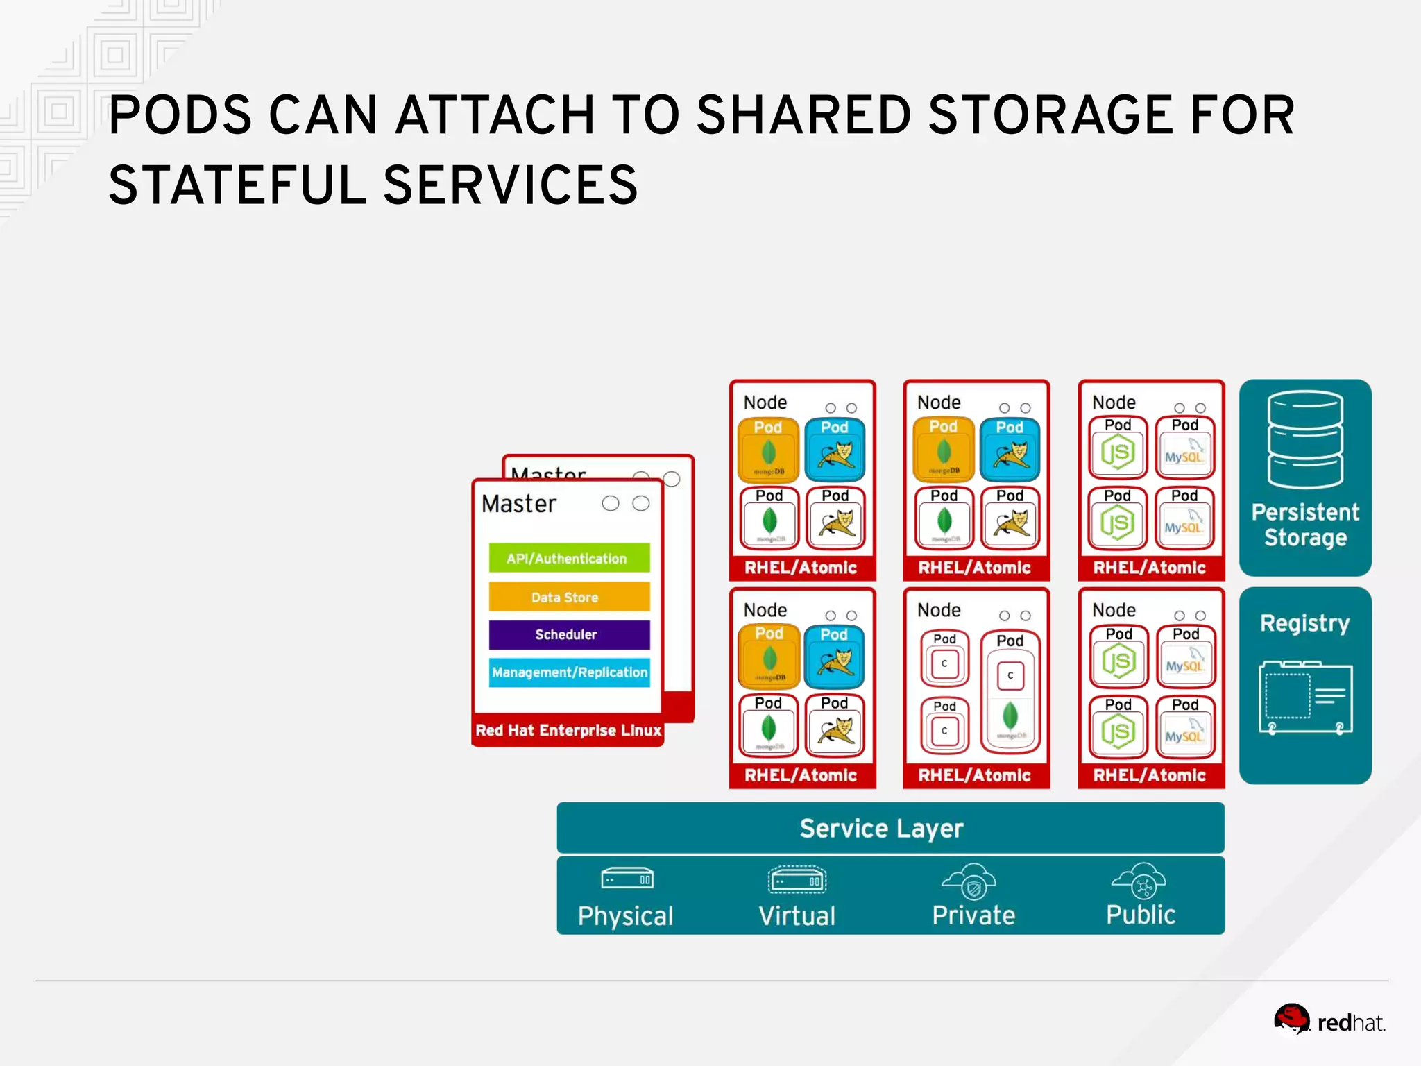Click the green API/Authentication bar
point(568,558)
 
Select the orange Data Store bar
point(568,597)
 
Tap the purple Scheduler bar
point(568,634)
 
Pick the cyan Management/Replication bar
point(568,672)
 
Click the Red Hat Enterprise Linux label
point(568,730)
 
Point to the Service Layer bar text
point(881,829)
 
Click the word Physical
point(625,916)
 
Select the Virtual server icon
point(797,880)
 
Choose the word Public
point(1140,915)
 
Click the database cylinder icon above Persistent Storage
point(1304,439)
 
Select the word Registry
point(1304,623)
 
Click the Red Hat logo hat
point(1291,1019)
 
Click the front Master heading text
point(519,504)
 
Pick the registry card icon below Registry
point(1304,697)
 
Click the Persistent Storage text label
point(1304,525)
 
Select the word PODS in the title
point(180,115)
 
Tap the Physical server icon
point(627,879)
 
